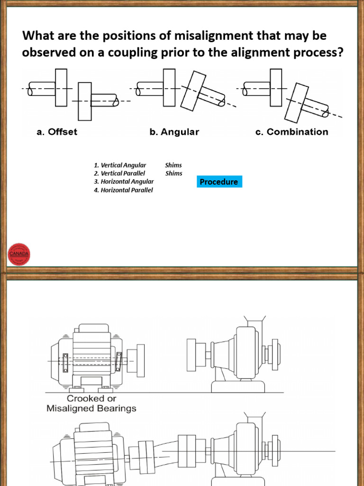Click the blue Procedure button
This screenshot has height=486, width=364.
click(219, 182)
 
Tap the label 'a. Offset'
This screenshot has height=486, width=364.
click(57, 132)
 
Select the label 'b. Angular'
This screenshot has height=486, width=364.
click(174, 132)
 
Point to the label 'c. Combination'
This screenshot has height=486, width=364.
click(291, 132)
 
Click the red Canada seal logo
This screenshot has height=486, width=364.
click(19, 253)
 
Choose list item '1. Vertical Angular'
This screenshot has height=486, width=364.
click(120, 165)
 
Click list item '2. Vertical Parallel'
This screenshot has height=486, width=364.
click(119, 173)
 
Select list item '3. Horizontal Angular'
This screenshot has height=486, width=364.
click(124, 181)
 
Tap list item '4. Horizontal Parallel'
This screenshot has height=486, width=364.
click(123, 190)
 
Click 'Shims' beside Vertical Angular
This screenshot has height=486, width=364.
click(173, 165)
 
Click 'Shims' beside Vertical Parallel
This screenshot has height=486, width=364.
click(173, 173)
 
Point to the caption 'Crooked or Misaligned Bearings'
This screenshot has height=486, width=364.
click(91, 403)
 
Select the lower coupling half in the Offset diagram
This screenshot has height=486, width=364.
click(85, 101)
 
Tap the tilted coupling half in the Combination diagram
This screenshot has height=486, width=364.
click(298, 102)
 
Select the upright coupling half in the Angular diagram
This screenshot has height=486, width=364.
click(170, 87)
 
